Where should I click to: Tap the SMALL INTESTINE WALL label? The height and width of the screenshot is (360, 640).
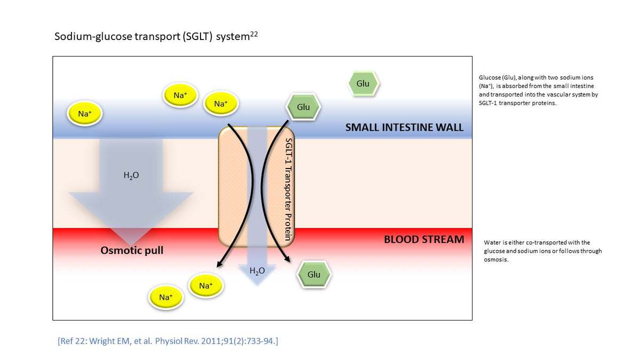click(404, 127)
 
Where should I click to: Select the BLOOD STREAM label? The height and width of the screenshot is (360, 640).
click(424, 239)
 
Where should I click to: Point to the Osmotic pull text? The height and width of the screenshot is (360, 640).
click(132, 250)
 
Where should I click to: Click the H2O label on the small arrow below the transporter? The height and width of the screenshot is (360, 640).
click(257, 271)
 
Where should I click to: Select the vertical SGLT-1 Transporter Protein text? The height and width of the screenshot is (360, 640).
click(288, 189)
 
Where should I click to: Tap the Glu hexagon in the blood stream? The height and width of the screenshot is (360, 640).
click(314, 274)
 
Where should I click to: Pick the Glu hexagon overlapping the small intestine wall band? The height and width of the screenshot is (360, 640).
click(303, 107)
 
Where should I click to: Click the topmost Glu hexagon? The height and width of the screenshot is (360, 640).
click(363, 84)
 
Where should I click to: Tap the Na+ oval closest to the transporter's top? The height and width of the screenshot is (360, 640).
click(221, 104)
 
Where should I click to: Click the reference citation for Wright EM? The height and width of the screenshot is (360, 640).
click(167, 341)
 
